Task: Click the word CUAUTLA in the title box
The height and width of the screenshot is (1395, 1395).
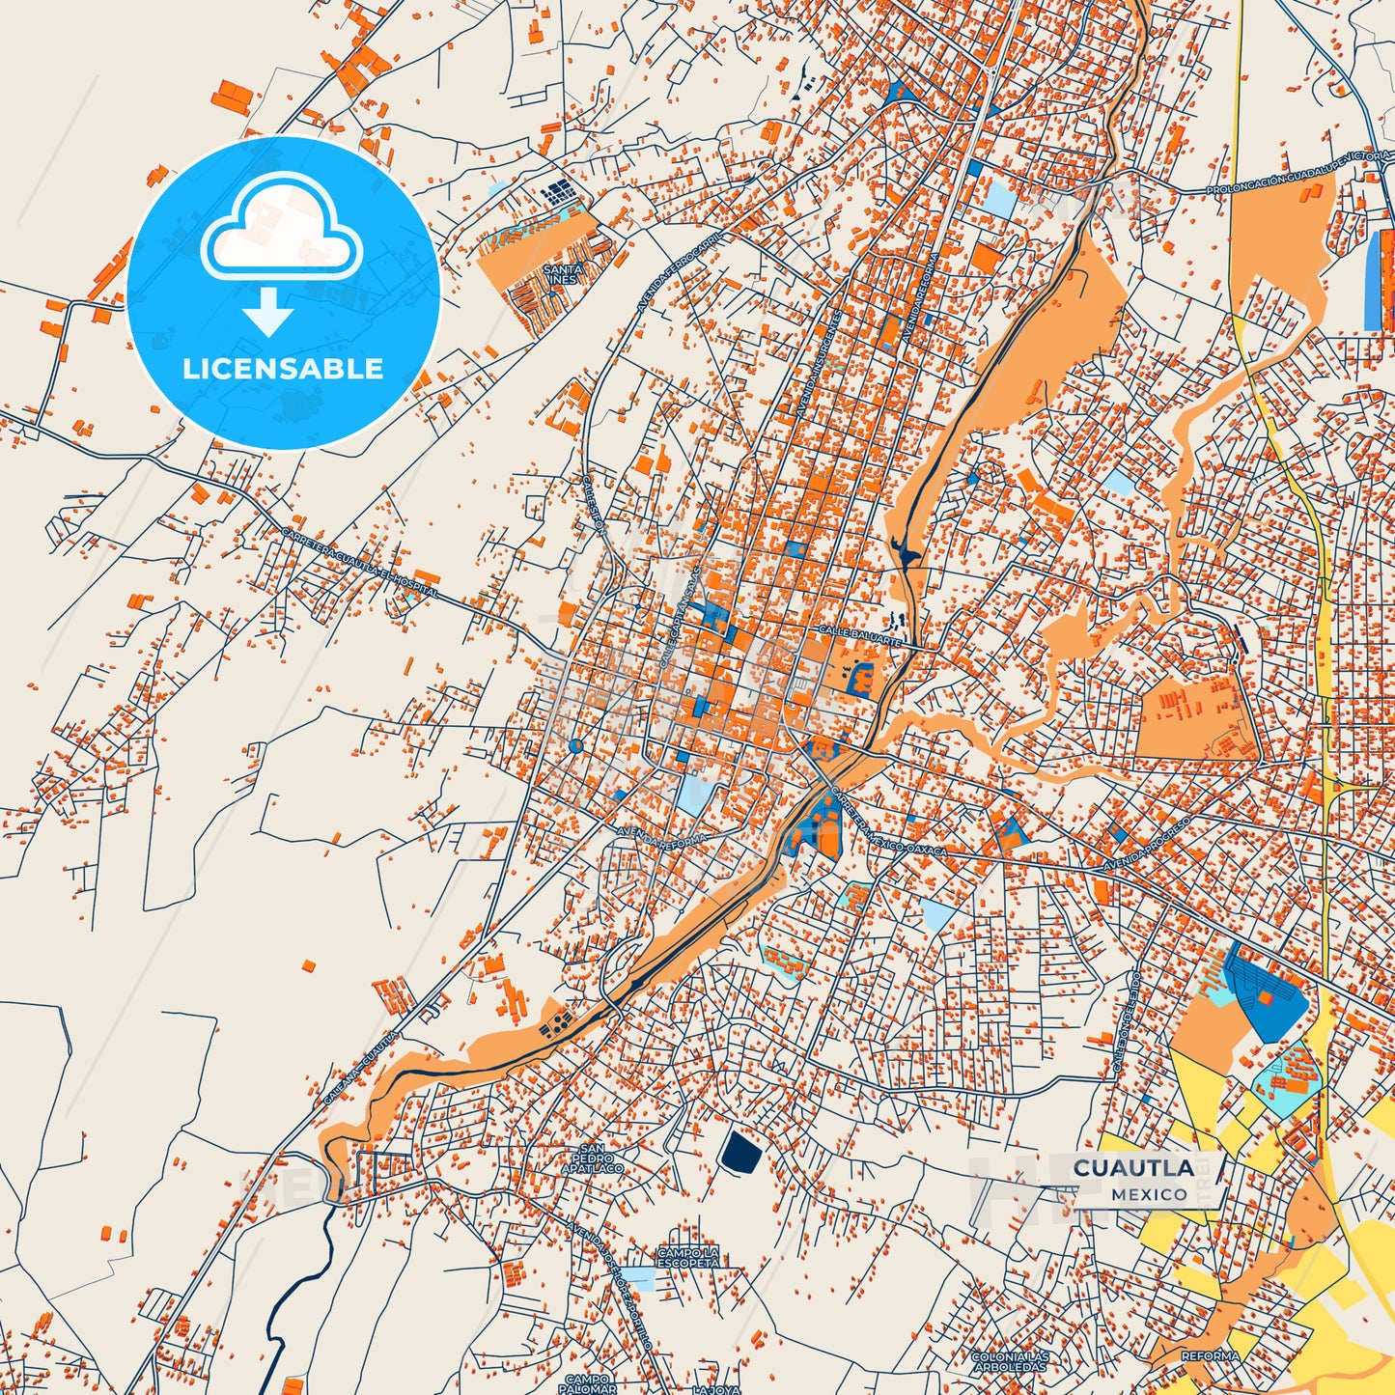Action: coord(1133,1168)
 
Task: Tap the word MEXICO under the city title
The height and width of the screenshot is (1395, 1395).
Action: coord(1149,1194)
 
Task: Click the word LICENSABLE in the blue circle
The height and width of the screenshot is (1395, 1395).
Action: coord(283,369)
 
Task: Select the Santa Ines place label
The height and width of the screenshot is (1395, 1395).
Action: coord(562,274)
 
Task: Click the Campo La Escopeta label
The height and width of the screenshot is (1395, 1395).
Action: coord(688,1256)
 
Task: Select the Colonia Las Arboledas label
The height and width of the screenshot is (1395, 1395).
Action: coord(1010,1361)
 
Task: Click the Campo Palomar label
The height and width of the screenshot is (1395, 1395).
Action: coord(590,1383)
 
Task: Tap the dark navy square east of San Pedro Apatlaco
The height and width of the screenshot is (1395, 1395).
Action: coord(740,1152)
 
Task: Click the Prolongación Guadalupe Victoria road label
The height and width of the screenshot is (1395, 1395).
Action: coord(1298,172)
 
